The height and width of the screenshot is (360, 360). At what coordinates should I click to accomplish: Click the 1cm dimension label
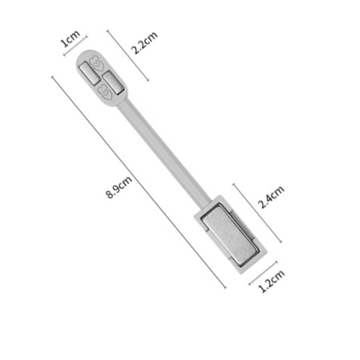pyautogui.click(x=70, y=38)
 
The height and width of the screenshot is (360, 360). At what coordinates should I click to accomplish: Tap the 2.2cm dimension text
pyautogui.click(x=144, y=42)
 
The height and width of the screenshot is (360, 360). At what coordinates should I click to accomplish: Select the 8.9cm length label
pyautogui.click(x=119, y=187)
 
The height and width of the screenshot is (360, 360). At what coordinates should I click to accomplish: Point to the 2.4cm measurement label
pyautogui.click(x=271, y=197)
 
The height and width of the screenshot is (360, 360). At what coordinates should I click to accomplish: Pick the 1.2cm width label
pyautogui.click(x=272, y=281)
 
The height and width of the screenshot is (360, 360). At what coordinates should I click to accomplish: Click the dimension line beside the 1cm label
pyautogui.click(x=75, y=46)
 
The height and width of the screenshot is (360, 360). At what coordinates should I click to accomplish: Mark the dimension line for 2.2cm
pyautogui.click(x=128, y=55)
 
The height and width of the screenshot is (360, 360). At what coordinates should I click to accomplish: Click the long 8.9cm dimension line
pyautogui.click(x=139, y=182)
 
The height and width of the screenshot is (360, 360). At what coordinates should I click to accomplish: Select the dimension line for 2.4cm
pyautogui.click(x=258, y=213)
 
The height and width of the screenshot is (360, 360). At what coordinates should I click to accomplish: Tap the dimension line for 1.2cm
pyautogui.click(x=263, y=273)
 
